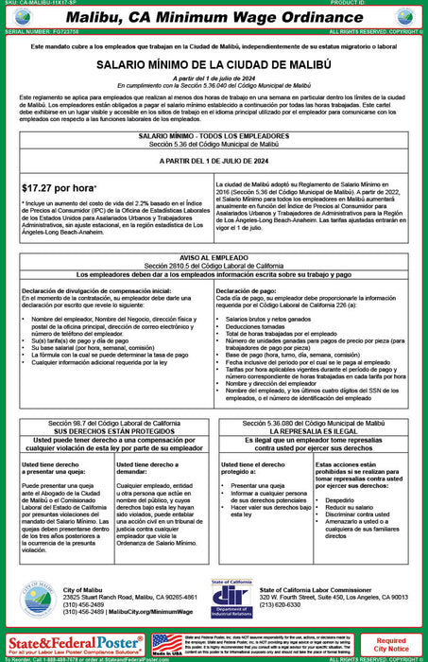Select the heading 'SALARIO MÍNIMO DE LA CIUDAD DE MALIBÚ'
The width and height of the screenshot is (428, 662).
214,65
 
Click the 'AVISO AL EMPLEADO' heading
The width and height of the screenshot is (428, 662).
214,257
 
